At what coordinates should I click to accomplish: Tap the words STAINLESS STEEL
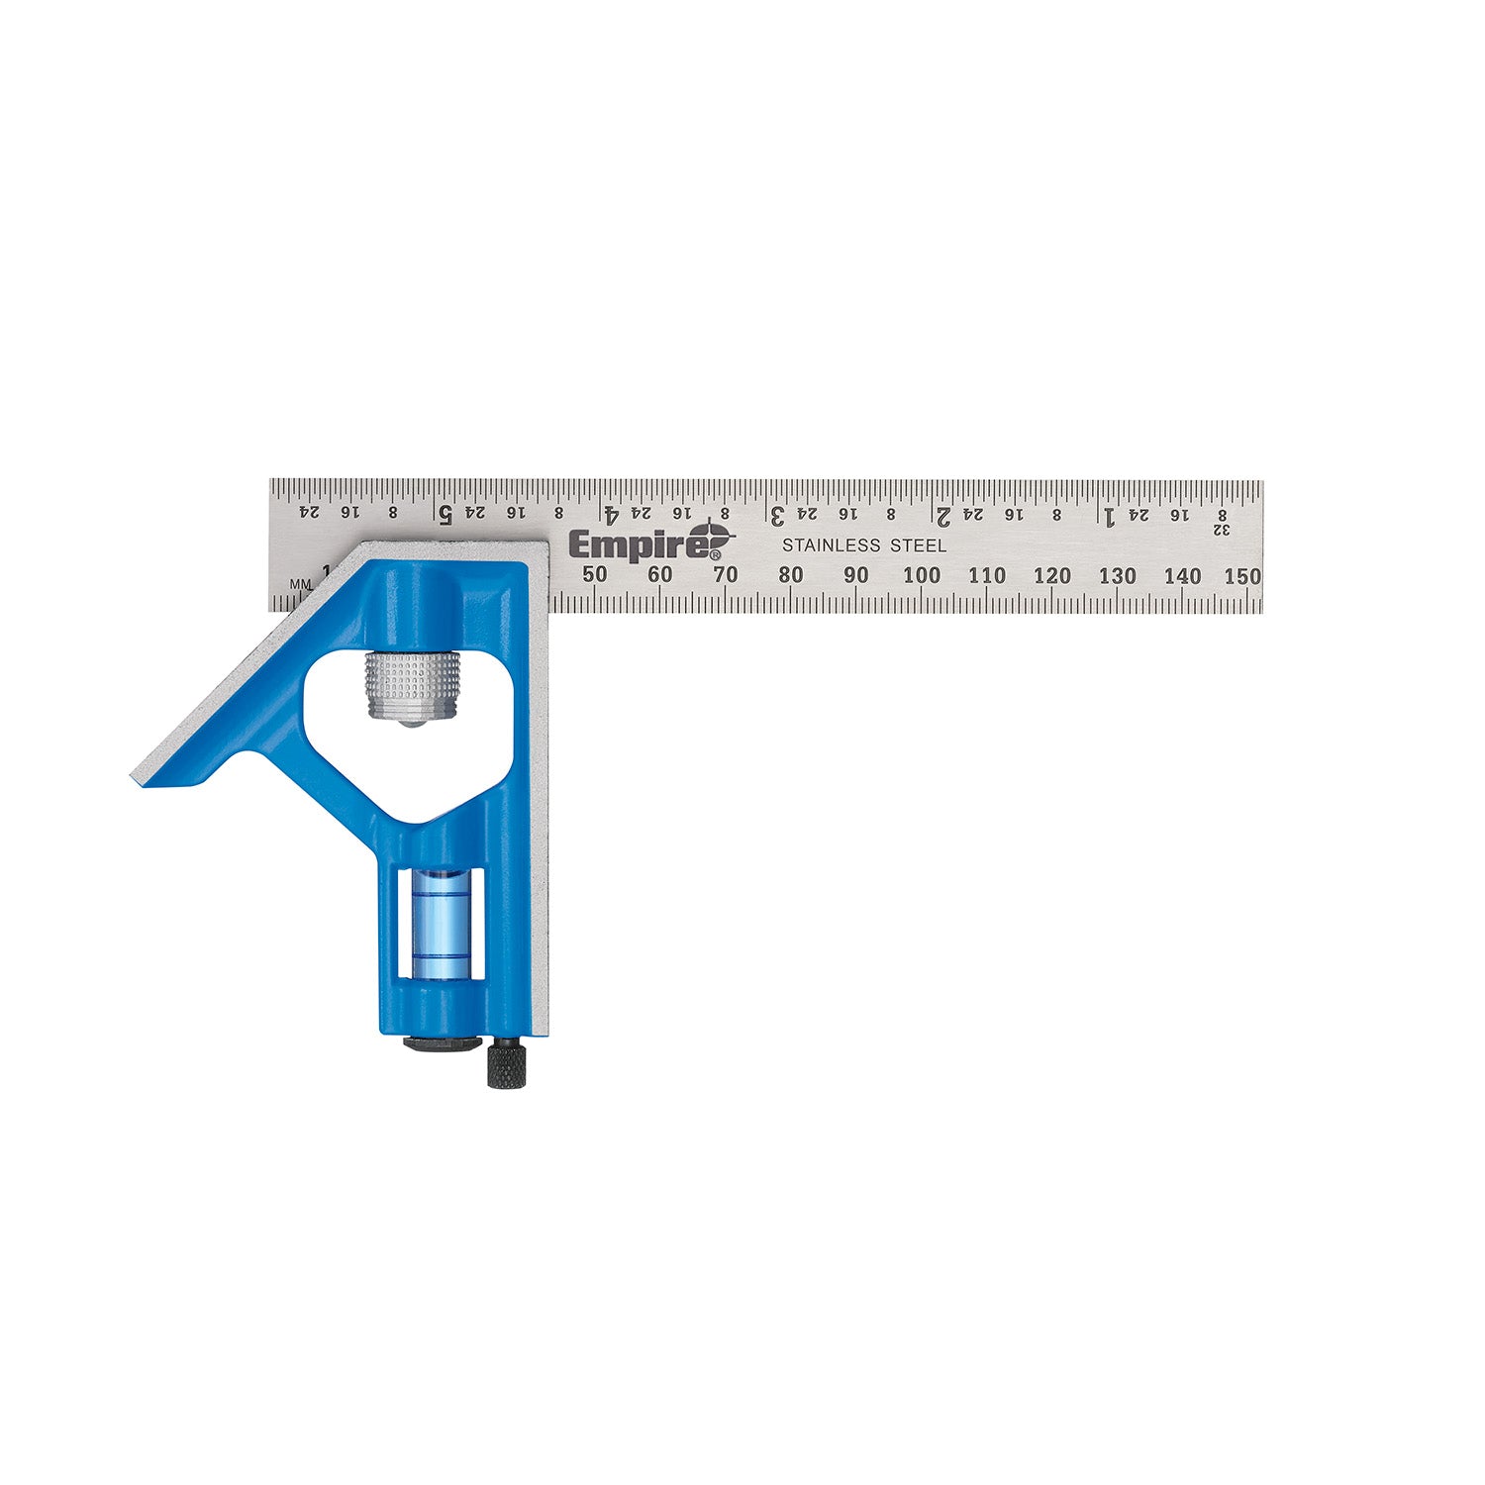pyautogui.click(x=863, y=545)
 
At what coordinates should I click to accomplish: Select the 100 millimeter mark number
pyautogui.click(x=921, y=575)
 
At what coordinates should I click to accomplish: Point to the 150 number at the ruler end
pyautogui.click(x=1241, y=576)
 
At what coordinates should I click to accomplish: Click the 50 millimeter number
pyautogui.click(x=594, y=574)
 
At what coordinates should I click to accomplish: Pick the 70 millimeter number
pyautogui.click(x=725, y=574)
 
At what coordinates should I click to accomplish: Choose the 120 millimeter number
pyautogui.click(x=1051, y=576)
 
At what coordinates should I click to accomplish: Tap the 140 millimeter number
pyautogui.click(x=1182, y=576)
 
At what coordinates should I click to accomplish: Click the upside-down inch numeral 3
pyautogui.click(x=778, y=515)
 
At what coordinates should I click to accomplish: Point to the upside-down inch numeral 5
pyautogui.click(x=445, y=514)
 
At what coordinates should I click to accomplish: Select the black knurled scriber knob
pyautogui.click(x=505, y=1065)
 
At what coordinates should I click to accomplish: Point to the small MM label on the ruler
pyautogui.click(x=300, y=584)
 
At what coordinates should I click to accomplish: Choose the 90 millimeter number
pyautogui.click(x=855, y=575)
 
